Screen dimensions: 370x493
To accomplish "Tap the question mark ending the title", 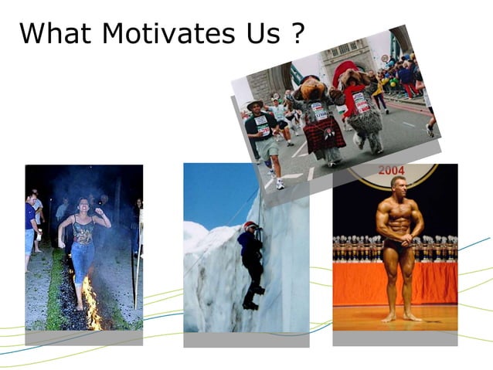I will tap(296, 33).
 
